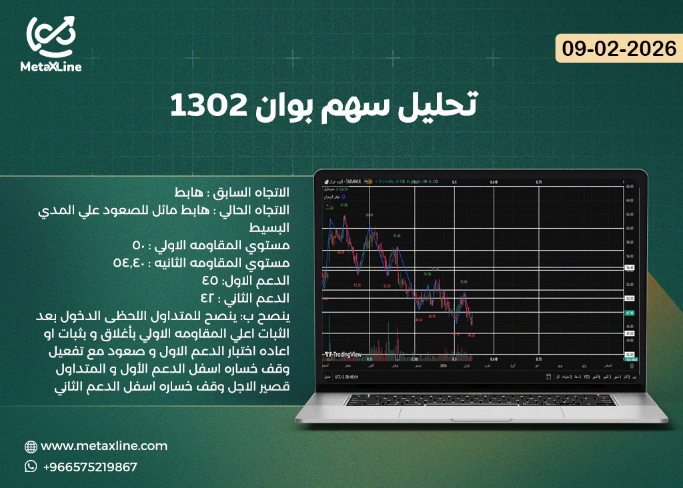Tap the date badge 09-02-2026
pos(618,48)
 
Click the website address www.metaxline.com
pos(104,446)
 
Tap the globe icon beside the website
pos(31,447)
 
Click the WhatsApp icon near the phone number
pos(31,467)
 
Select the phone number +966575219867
pos(90,467)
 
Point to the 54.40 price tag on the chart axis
pos(628,267)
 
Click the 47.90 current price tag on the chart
pos(628,313)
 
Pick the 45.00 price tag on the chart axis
pos(628,333)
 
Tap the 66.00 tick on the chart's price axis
pos(628,187)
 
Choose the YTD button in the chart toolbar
pos(586,377)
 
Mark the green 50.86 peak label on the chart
pos(463,282)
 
